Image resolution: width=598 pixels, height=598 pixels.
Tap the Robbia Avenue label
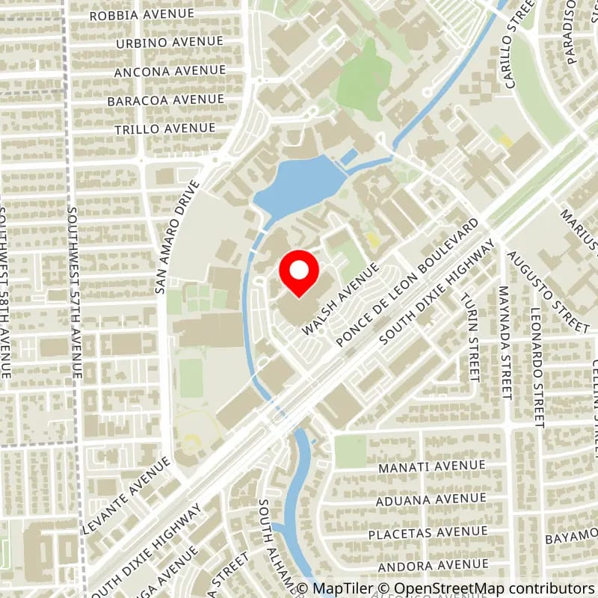[141, 14]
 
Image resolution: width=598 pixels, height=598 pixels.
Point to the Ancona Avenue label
[170, 71]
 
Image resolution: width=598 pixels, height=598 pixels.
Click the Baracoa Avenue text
[165, 99]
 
